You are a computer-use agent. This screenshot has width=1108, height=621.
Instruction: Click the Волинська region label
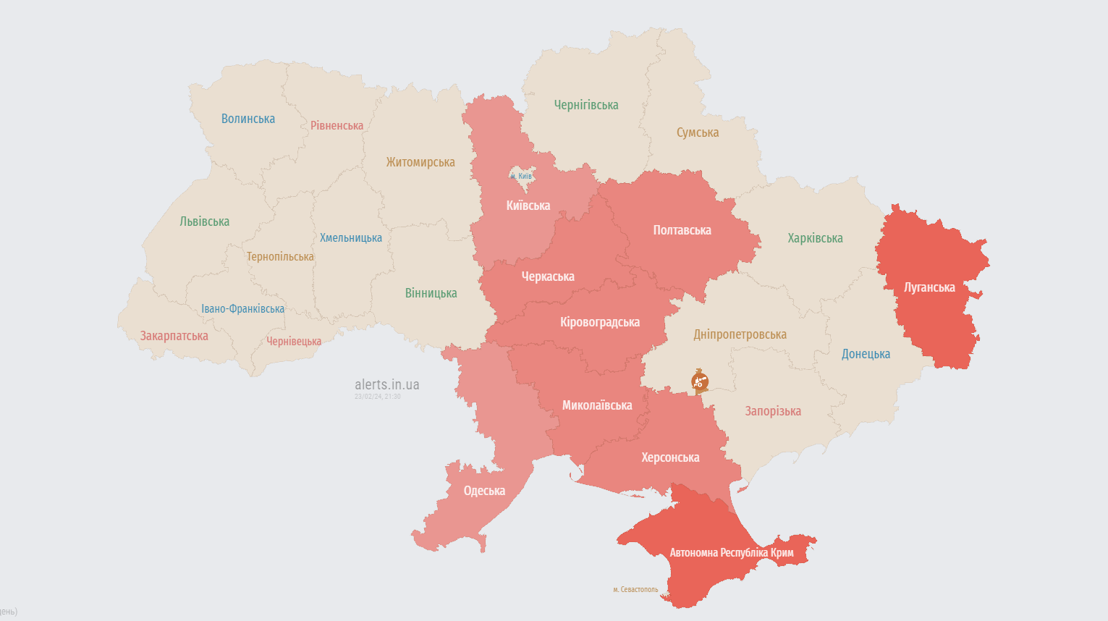[248, 119]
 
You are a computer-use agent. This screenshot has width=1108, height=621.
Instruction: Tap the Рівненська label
[337, 125]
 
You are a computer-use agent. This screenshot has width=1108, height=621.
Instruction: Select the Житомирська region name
[420, 162]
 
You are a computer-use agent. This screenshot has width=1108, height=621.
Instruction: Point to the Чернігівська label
[586, 105]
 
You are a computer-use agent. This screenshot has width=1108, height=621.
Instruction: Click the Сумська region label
[698, 132]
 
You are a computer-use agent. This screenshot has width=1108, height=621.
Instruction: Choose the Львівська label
[205, 221]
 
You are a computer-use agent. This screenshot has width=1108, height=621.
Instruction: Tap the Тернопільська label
[280, 256]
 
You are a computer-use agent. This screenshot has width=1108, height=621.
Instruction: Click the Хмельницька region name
[351, 237]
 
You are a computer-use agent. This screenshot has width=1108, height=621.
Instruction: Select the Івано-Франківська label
[243, 308]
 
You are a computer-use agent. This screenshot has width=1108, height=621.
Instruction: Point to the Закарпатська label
[174, 336]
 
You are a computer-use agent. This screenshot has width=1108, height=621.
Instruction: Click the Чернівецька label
[294, 341]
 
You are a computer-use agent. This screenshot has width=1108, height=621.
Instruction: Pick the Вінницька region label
[431, 293]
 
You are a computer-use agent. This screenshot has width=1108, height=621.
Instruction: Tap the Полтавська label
[682, 230]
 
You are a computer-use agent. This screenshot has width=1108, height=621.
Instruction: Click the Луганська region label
[929, 287]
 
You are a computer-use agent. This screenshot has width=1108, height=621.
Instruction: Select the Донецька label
[866, 354]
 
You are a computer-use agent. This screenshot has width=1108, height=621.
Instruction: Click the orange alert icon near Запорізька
[700, 381]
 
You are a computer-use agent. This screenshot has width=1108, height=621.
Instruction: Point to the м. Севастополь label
[635, 589]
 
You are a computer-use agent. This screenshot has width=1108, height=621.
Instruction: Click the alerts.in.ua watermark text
[386, 384]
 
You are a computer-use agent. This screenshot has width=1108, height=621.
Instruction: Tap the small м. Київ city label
[521, 176]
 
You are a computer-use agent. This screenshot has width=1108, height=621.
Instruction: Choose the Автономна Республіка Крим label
[732, 552]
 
